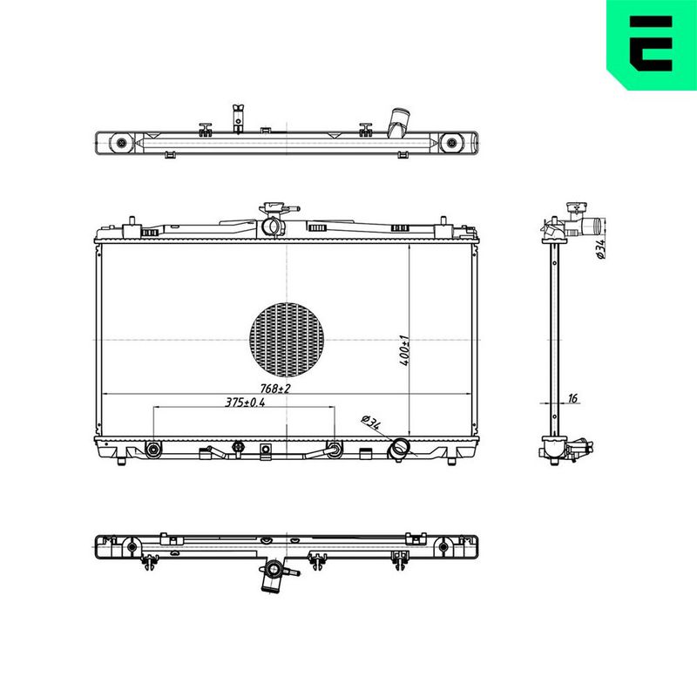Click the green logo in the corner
(x=652, y=44)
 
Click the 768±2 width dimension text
(x=275, y=389)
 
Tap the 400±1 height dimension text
(x=404, y=351)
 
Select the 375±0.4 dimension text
(x=245, y=403)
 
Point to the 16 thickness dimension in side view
(x=572, y=398)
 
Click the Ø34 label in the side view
(x=600, y=249)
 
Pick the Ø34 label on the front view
(x=371, y=422)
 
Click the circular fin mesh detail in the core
(x=287, y=340)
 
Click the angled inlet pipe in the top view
(x=398, y=122)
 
